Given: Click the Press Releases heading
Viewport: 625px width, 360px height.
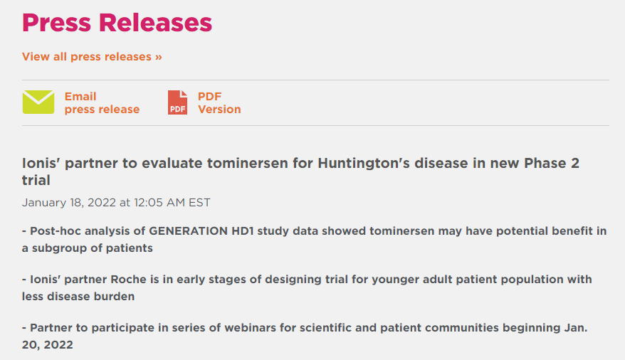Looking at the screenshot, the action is click(117, 23).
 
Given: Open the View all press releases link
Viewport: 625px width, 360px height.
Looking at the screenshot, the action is click(92, 56).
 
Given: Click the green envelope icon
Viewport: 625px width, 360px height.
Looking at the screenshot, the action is click(38, 102).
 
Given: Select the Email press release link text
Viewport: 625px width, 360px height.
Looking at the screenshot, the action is click(102, 102).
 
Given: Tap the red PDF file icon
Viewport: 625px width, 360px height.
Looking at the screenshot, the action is click(177, 102).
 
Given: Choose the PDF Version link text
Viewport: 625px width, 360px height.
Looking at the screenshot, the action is click(219, 102).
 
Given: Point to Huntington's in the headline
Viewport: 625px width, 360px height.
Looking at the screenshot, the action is click(364, 163).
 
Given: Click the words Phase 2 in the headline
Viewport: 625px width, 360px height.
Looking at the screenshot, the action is click(551, 163).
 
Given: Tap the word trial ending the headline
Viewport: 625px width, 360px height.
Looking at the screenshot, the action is click(36, 181).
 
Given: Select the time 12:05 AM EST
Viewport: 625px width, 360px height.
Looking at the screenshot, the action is click(172, 203).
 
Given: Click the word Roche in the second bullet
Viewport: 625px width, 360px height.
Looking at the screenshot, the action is click(128, 280).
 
